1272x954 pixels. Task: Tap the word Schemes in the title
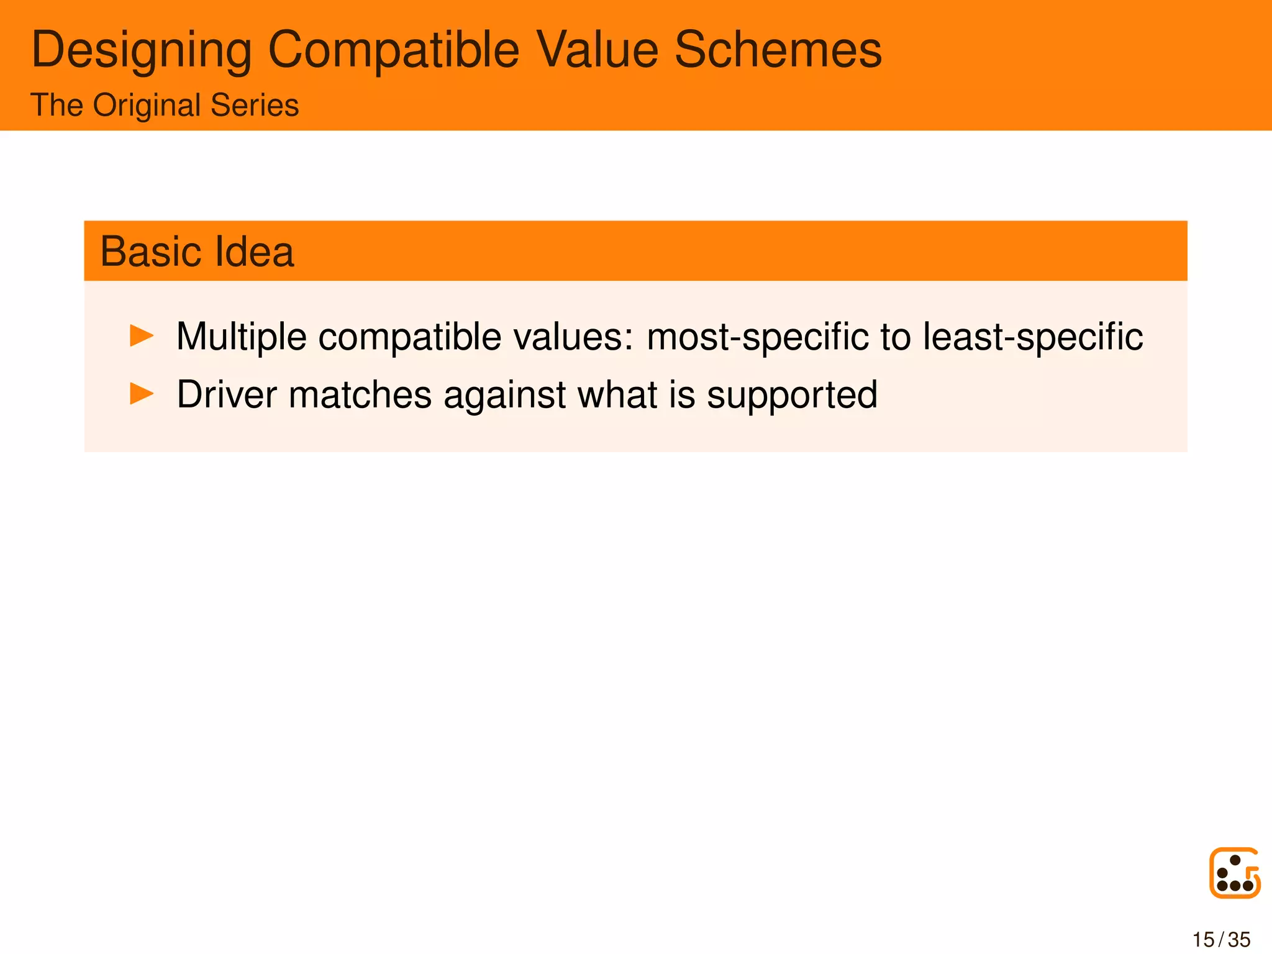pyautogui.click(x=778, y=50)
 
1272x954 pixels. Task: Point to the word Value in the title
pyautogui.click(x=597, y=50)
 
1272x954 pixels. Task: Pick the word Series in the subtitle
pyautogui.click(x=255, y=105)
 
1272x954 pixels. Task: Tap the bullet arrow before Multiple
pyautogui.click(x=142, y=336)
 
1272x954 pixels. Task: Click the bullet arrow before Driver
pyautogui.click(x=142, y=394)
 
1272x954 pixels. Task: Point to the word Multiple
pyautogui.click(x=242, y=337)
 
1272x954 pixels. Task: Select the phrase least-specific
pyautogui.click(x=1032, y=337)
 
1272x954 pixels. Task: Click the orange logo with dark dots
pyautogui.click(x=1235, y=873)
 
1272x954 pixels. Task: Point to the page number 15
pyautogui.click(x=1203, y=940)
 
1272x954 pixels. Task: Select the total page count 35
pyautogui.click(x=1239, y=940)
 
